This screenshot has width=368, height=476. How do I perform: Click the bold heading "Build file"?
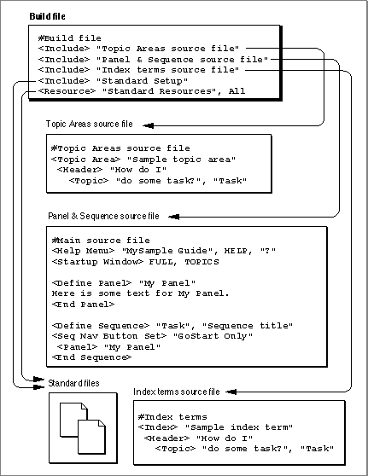coord(47,16)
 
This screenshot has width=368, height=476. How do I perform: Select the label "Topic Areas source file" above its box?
coord(90,124)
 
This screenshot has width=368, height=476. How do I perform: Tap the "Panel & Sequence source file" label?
coord(103,216)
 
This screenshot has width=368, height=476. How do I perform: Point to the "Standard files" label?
coord(73,383)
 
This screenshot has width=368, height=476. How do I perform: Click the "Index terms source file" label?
coord(177,392)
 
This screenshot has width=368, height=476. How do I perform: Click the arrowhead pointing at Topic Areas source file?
coord(148,125)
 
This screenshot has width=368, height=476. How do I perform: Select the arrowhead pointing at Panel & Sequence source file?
coord(173,217)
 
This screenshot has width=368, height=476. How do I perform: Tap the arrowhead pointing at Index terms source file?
coord(231,392)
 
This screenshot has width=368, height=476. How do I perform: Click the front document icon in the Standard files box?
coord(91,437)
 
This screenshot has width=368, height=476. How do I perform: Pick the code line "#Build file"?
coord(70,38)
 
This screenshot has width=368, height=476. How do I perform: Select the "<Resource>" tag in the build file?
coord(67,91)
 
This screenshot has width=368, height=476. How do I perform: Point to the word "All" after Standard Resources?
coord(237,91)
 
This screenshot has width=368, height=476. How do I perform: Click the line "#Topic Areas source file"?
coord(120,148)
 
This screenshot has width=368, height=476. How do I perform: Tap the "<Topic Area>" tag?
coord(85,160)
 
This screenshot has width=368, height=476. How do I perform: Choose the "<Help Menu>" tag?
coord(84,251)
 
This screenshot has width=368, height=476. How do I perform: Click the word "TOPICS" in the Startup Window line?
coord(202,262)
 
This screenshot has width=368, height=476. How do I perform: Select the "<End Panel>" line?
coord(84,305)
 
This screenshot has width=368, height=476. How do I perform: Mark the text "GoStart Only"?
coord(213,336)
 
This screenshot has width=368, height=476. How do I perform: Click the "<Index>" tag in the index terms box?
coord(158,427)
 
